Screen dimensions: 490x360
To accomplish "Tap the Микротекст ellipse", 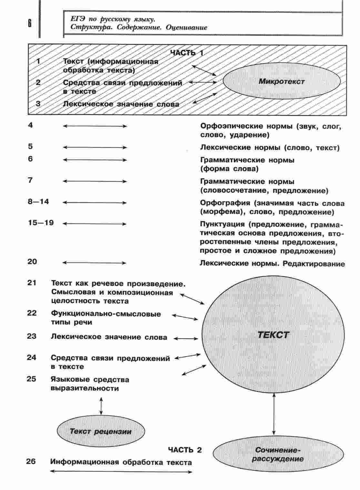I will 281,81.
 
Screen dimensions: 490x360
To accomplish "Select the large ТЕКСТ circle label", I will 273,335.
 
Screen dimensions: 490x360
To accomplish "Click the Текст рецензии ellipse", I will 101,431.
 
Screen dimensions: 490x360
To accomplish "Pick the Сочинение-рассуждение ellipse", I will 278,454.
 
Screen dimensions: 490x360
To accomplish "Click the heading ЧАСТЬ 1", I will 187,53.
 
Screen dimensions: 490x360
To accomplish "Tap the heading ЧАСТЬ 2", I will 185,450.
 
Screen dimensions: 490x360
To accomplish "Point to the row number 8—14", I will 38,202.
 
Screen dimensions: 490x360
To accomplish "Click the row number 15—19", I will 41,223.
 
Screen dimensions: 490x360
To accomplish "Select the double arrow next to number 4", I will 95,126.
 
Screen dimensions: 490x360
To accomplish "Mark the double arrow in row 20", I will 95,263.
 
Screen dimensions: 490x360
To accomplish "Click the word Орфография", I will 225,203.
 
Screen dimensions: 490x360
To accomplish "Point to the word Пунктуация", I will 223,224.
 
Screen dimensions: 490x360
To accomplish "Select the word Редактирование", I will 314,264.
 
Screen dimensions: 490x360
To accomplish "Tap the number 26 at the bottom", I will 31,462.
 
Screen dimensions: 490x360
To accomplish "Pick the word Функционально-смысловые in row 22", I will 106,314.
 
